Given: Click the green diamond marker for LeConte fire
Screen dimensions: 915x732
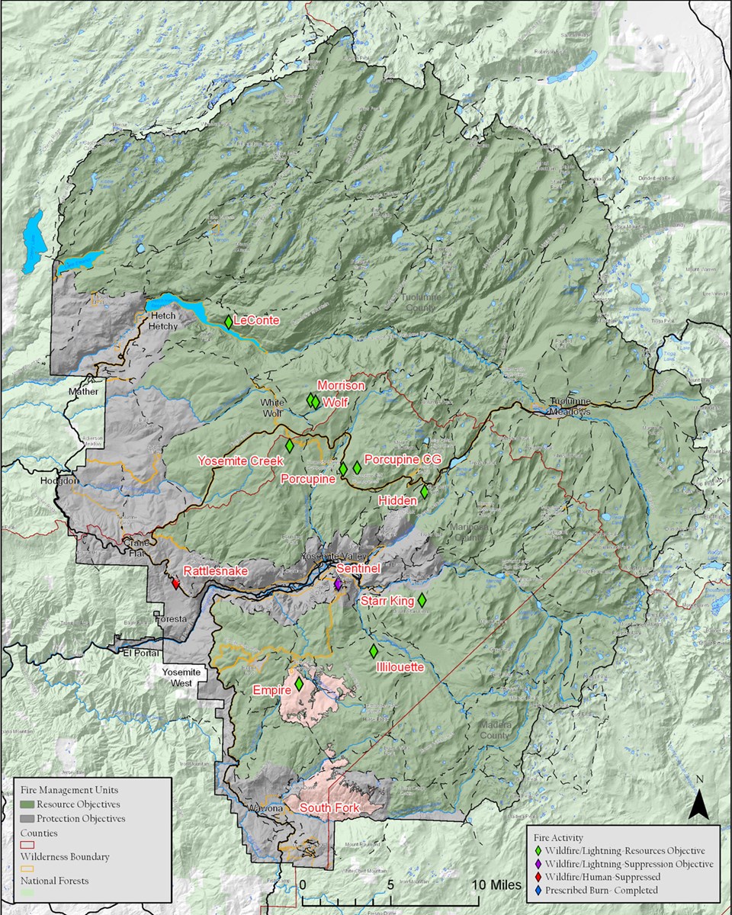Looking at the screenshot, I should (x=228, y=322).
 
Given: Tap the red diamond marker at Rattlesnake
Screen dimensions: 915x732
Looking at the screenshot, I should (x=176, y=584).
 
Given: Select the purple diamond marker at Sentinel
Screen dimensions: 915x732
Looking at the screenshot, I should (x=338, y=584).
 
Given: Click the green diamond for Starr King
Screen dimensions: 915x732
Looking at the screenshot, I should (x=422, y=601).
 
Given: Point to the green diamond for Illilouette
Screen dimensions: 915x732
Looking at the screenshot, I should (x=374, y=651).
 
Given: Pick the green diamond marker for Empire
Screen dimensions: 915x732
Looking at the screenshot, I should (x=300, y=684).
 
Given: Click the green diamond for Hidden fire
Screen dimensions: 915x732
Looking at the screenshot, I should (x=425, y=492).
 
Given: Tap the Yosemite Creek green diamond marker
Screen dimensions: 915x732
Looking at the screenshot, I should (x=289, y=445).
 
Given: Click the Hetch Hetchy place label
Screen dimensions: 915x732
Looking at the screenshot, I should (x=164, y=321).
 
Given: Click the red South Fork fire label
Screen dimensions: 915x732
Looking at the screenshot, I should (x=329, y=807).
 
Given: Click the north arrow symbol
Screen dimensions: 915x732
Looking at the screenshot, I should (x=698, y=803).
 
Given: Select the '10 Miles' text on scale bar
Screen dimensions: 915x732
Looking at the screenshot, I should (x=496, y=884).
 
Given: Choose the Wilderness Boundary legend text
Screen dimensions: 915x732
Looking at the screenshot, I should (x=65, y=856).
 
